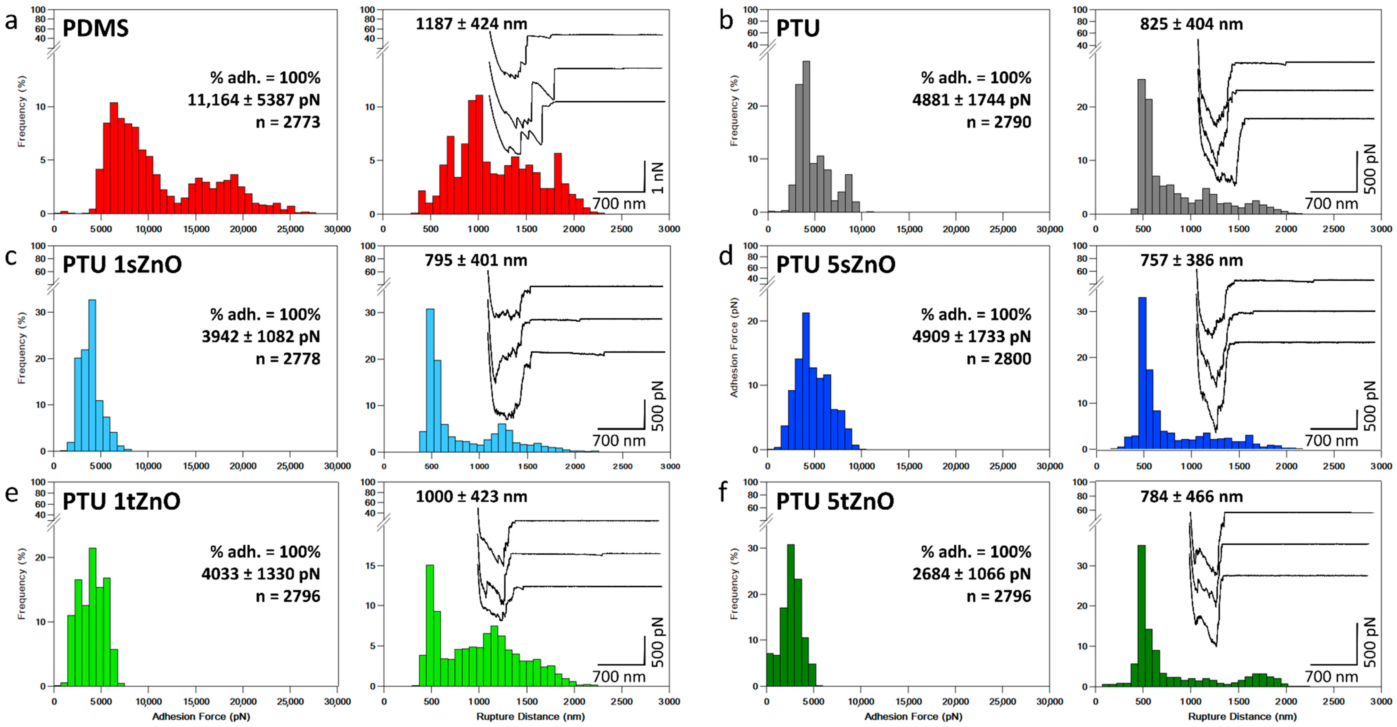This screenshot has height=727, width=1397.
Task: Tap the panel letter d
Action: tap(726, 256)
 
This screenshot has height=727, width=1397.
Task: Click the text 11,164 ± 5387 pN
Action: tap(254, 100)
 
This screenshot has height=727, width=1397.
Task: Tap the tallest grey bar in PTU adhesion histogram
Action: tap(806, 136)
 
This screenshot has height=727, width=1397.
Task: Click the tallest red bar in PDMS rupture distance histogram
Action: tap(479, 155)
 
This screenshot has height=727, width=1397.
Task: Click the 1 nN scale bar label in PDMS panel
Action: tap(657, 177)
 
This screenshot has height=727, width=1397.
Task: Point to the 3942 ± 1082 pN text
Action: tap(261, 336)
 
